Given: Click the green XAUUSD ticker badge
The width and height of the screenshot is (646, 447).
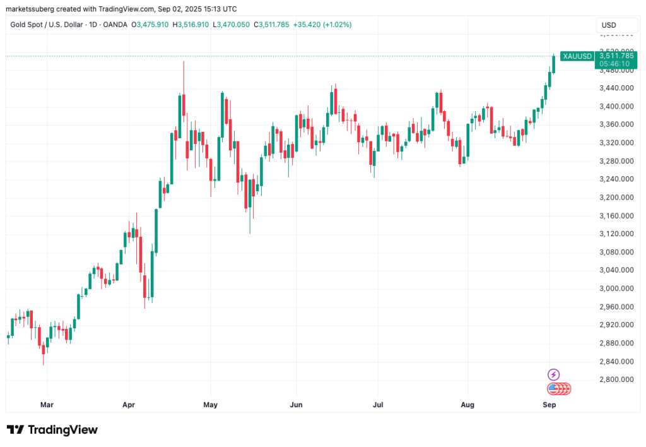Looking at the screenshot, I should (x=577, y=56).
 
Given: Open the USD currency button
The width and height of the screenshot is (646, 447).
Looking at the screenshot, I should (x=609, y=25).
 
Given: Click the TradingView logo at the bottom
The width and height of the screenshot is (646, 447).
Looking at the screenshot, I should (x=52, y=430).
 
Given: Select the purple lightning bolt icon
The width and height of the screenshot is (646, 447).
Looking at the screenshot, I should (x=553, y=374).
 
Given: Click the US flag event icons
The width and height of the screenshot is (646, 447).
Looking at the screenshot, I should (x=558, y=388).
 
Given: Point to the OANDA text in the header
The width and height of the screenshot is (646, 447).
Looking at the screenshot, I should (x=115, y=25).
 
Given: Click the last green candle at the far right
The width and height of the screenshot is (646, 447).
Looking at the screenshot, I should (x=553, y=64).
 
